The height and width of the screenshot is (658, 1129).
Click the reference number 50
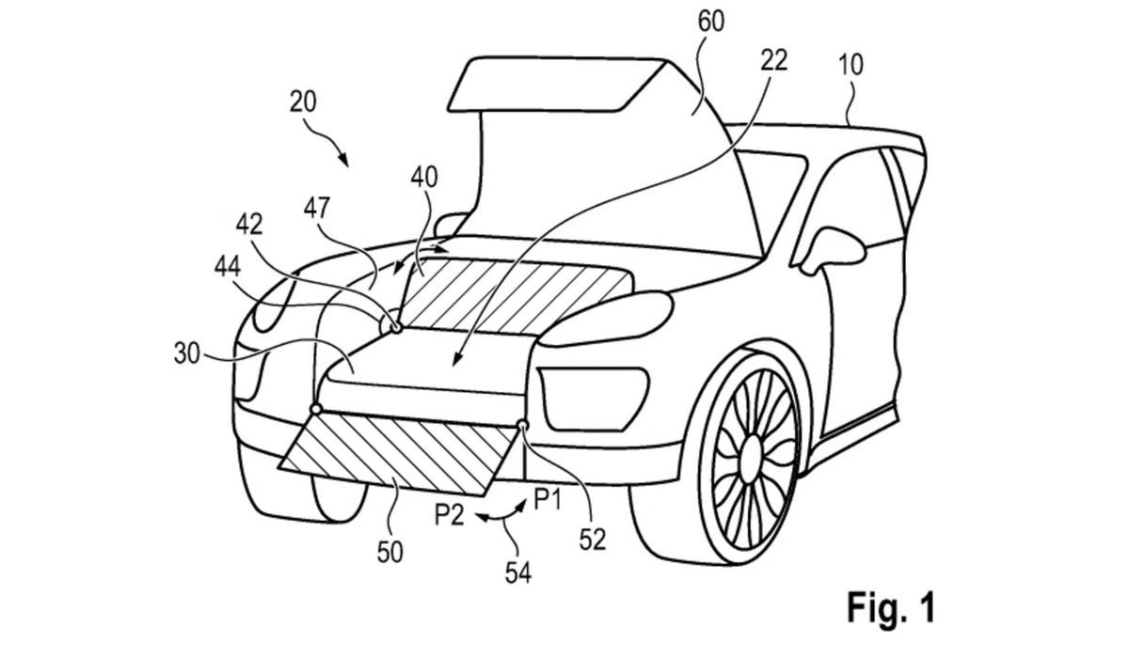(390, 552)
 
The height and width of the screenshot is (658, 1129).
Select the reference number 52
(593, 538)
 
